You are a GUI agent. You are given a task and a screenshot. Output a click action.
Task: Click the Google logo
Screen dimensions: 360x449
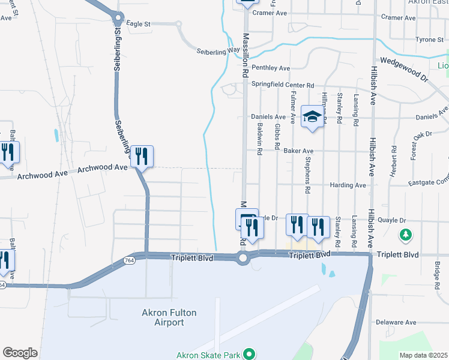pyautogui.click(x=20, y=353)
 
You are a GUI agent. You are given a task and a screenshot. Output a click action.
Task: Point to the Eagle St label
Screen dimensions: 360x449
pyautogui.click(x=139, y=24)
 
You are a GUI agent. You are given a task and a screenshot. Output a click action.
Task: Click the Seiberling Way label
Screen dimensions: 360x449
pyautogui.click(x=218, y=52)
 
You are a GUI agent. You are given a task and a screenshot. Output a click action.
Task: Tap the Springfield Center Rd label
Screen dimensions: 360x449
pyautogui.click(x=283, y=85)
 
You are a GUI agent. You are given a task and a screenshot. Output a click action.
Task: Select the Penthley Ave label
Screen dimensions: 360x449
pyautogui.click(x=271, y=68)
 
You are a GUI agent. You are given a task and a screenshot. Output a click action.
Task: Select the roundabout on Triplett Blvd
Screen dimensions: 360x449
pyautogui.click(x=243, y=259)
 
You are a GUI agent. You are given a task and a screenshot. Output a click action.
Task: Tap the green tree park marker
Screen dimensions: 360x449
pyautogui.click(x=406, y=234)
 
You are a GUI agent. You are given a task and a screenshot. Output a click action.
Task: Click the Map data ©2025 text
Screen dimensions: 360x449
pyautogui.click(x=423, y=355)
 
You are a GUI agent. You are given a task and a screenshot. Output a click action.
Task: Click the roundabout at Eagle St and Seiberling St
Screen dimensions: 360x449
pyautogui.click(x=118, y=18)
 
